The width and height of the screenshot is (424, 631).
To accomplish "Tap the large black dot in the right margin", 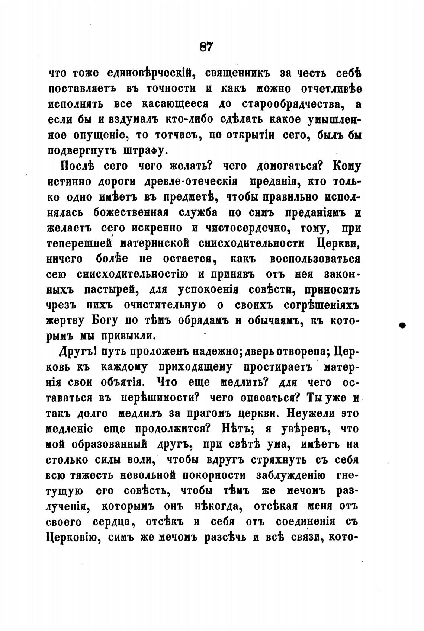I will coord(402,325).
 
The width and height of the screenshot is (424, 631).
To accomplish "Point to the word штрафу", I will coord(141,151).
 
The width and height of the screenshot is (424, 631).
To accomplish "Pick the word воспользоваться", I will coord(315,259).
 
